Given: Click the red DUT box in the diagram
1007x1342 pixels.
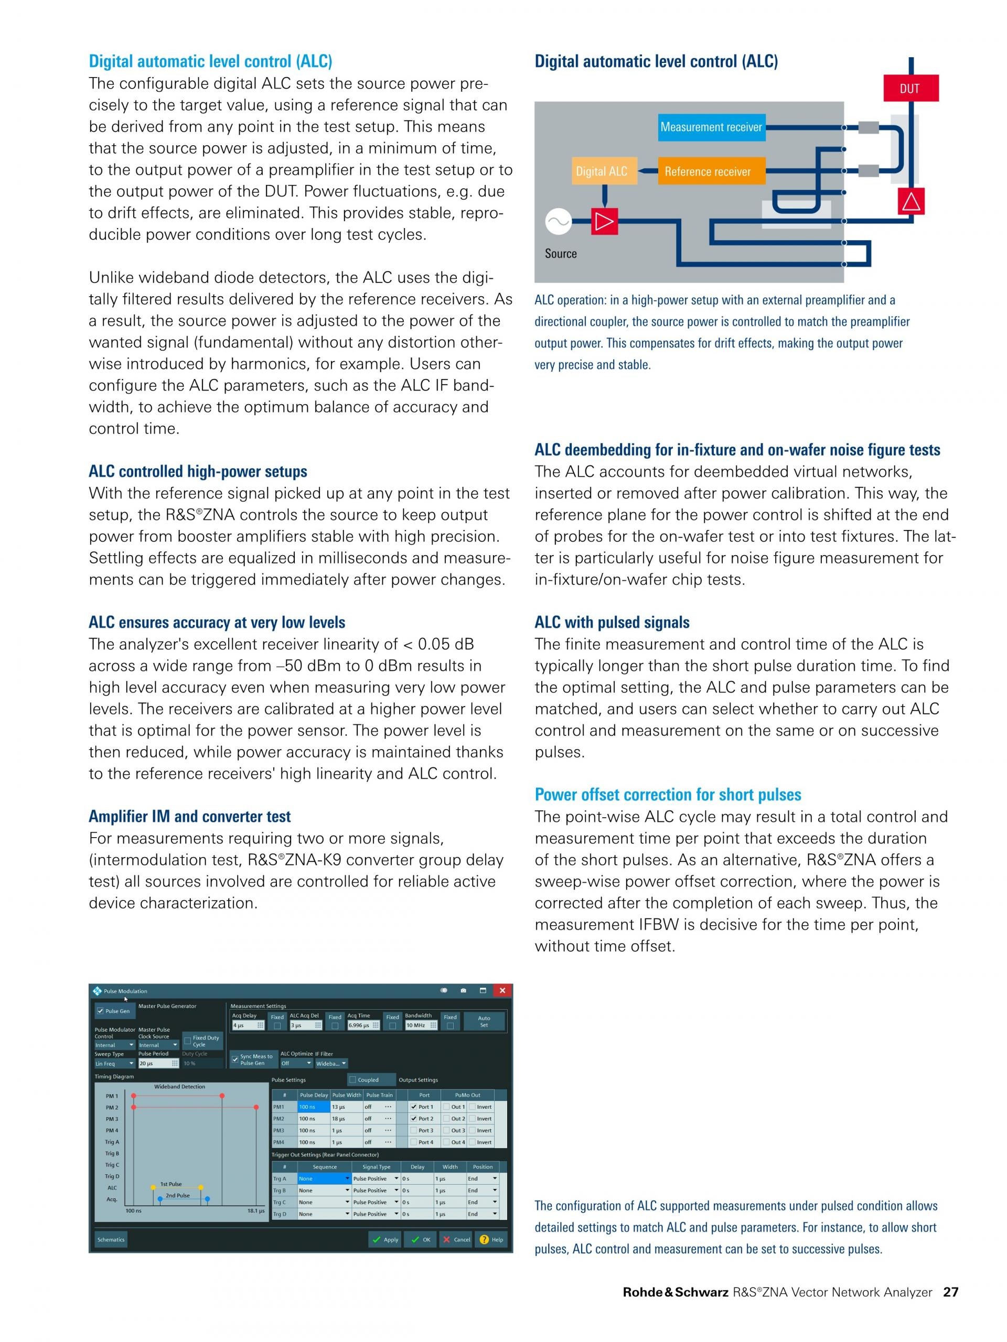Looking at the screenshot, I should coord(910,89).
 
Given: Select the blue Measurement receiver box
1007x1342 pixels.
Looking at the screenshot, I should coord(711,127).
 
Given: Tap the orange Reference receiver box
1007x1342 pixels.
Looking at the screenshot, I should coord(708,171).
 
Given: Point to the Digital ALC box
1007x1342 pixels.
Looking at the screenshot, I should coord(602,171).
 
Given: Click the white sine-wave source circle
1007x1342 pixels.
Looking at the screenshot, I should coord(558,221).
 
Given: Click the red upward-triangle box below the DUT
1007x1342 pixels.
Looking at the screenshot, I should coord(910,201).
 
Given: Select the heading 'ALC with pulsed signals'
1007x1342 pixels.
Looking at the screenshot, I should coord(612,622).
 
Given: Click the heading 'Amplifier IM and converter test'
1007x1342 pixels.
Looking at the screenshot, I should coord(189,817).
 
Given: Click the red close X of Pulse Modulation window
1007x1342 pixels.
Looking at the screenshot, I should coord(502,991).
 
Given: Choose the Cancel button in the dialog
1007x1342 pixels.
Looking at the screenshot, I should coord(456,1239).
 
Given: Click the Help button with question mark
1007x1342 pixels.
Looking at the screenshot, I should coord(491,1239).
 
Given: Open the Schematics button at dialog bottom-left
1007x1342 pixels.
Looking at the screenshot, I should coord(111,1239).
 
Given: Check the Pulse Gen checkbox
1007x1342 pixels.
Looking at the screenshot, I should coord(101,1011).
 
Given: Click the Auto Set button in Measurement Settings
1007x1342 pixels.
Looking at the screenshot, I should coord(484,1022).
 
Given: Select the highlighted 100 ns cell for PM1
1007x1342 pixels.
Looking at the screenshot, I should coord(314,1107).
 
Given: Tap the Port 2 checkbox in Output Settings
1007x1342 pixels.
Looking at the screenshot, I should coord(414,1119).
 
